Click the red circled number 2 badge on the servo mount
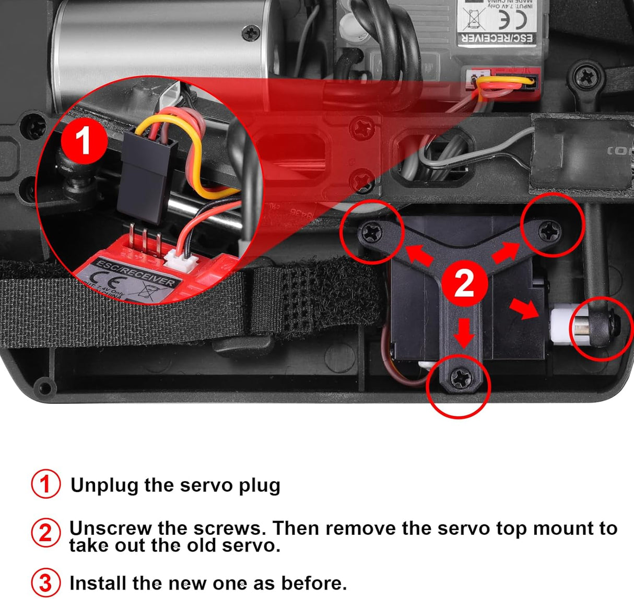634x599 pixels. coord(464,284)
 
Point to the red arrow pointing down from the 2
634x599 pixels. coord(463,332)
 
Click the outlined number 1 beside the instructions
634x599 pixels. coord(45,484)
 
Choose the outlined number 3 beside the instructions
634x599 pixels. coord(45,583)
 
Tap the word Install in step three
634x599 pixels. coord(98,583)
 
